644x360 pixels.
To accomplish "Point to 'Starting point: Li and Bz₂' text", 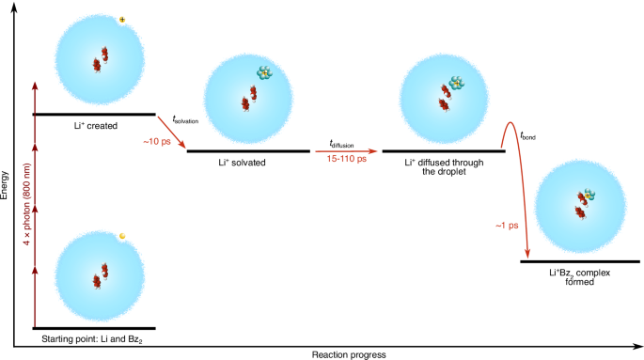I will (93, 337).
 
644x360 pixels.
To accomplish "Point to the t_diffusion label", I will (343, 143).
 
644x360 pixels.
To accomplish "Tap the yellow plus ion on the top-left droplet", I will (122, 19).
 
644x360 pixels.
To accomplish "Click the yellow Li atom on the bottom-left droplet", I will (122, 235).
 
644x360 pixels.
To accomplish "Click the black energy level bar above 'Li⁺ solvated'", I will (248, 150).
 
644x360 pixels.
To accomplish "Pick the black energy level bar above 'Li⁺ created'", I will (94, 114).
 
